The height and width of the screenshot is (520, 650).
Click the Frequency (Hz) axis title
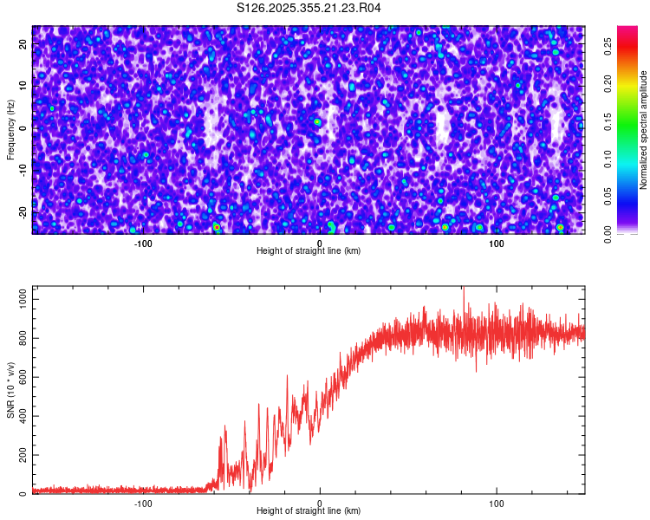coord(10,128)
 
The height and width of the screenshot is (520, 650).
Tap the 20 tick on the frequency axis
coord(23,42)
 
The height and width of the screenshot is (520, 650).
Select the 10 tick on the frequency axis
coord(23,85)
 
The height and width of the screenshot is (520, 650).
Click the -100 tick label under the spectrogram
coord(143,244)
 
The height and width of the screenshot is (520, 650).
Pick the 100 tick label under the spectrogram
coord(496,244)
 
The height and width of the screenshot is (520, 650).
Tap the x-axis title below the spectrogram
coord(309,251)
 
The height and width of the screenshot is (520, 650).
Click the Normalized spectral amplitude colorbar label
coord(644,130)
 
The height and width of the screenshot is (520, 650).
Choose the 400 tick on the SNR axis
coord(22,416)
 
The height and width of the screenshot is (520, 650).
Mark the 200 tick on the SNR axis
coord(22,455)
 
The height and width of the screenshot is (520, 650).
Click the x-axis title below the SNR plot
coord(309,510)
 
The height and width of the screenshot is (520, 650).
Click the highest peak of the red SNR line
coord(463,289)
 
